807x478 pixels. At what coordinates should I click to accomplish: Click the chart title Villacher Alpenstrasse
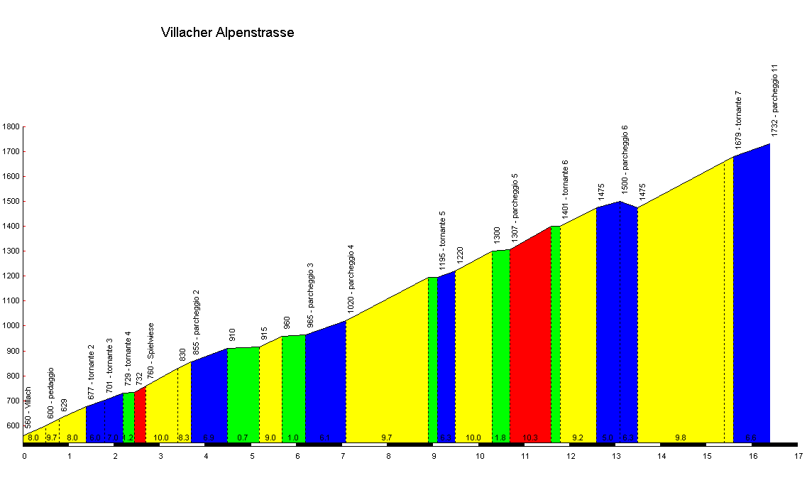227,33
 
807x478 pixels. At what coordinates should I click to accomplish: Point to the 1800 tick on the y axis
11,127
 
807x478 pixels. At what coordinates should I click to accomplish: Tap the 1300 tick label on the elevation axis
11,251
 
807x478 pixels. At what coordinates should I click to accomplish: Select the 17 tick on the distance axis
798,455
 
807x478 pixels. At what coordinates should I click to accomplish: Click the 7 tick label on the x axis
343,455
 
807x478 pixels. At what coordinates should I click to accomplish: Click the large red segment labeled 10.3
530,341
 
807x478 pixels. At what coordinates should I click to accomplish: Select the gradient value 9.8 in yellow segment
680,438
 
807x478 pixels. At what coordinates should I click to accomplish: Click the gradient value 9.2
577,438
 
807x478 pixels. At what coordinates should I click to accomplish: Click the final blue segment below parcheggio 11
752,298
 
